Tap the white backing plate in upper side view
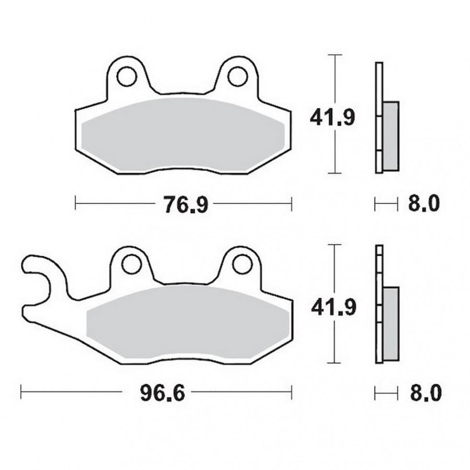[x=378, y=86]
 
